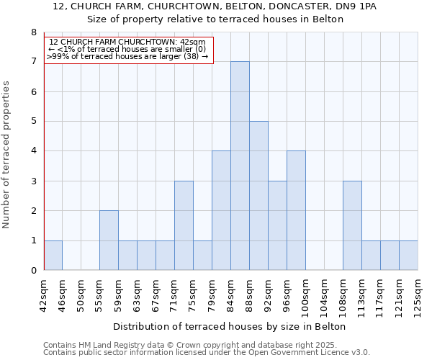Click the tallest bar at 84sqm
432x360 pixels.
click(240, 166)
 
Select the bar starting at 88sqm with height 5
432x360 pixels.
click(258, 196)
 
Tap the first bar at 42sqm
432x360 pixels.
click(53, 256)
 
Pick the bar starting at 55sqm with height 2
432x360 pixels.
click(109, 240)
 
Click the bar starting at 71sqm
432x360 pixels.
click(184, 226)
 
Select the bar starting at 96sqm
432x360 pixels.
click(296, 211)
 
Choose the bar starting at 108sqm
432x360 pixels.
click(352, 226)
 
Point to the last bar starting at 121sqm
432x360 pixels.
click(408, 256)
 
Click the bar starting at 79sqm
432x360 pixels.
click(221, 211)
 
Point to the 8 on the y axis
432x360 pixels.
click(33, 32)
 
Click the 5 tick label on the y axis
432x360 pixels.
click(33, 122)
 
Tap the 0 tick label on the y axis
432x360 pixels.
click(33, 271)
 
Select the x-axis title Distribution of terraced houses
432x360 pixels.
click(230, 326)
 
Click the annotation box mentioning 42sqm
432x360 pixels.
click(129, 49)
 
